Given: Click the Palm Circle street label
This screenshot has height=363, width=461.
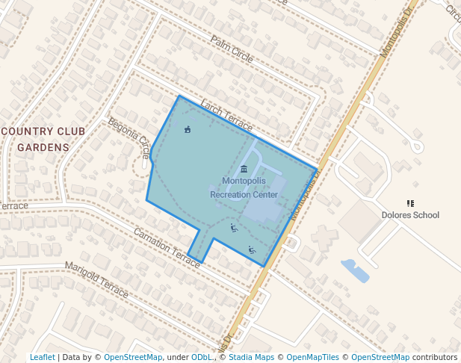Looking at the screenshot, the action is click(232, 49).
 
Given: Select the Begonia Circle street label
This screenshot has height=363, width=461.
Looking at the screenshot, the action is click(129, 137).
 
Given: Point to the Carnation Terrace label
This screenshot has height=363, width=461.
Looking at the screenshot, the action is click(167, 243).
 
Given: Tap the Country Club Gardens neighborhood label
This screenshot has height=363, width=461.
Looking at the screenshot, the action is click(43, 139).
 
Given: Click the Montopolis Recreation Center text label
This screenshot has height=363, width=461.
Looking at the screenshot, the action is click(244, 187).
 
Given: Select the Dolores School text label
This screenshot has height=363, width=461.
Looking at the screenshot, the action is click(409, 215).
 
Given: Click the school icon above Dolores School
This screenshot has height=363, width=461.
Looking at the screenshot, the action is click(409, 202).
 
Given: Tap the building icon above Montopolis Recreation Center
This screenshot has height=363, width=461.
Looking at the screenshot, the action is click(244, 169).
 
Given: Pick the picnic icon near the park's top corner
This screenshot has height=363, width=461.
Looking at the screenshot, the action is click(187, 131).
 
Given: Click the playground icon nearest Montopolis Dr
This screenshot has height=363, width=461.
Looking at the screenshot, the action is click(252, 250).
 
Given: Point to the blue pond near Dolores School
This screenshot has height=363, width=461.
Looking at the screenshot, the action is click(354, 270).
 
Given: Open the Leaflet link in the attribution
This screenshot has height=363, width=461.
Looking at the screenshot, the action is click(42, 357).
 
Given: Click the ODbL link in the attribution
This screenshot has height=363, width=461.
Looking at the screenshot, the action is click(202, 357).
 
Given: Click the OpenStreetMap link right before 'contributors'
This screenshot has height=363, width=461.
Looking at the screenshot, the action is click(380, 357).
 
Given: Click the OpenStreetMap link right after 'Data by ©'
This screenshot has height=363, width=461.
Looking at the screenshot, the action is click(133, 357).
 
